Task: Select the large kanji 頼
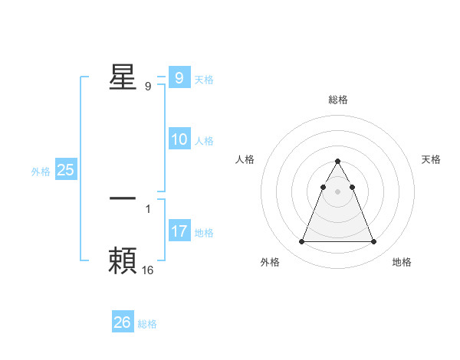123,261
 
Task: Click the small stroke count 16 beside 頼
148,270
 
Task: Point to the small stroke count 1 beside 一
148,208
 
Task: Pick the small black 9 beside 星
148,86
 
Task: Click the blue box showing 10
179,139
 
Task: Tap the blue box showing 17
179,231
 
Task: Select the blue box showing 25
65,170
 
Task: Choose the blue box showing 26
123,322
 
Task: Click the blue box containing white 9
179,77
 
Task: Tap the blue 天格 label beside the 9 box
203,80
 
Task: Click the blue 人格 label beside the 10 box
204,141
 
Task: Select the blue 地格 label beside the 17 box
204,232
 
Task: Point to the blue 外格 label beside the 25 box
41,172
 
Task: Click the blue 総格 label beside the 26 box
147,324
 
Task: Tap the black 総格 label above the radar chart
337,100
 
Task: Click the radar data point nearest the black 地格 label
373,242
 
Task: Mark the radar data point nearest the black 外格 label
301,242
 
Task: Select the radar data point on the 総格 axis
337,162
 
